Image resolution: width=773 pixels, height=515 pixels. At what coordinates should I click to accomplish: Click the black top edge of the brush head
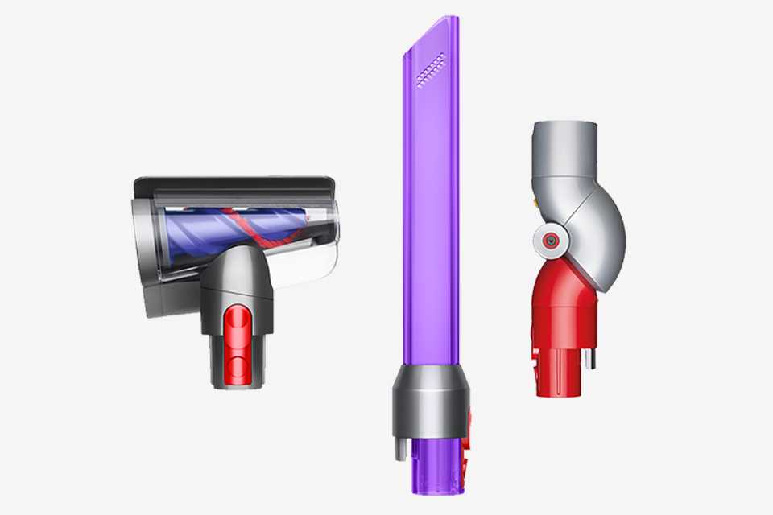click(234, 184)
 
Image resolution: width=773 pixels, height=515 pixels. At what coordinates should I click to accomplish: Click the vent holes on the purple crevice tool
click(431, 68)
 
